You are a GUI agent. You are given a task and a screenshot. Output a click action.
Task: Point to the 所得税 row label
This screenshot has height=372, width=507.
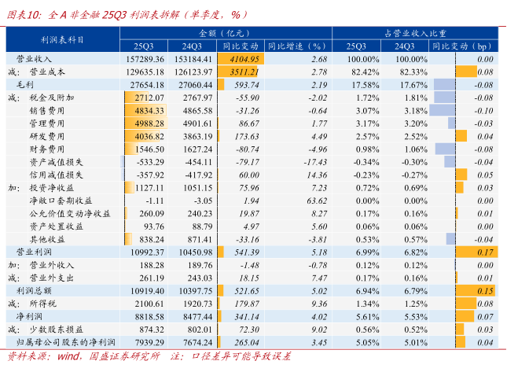click(x=42, y=304)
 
